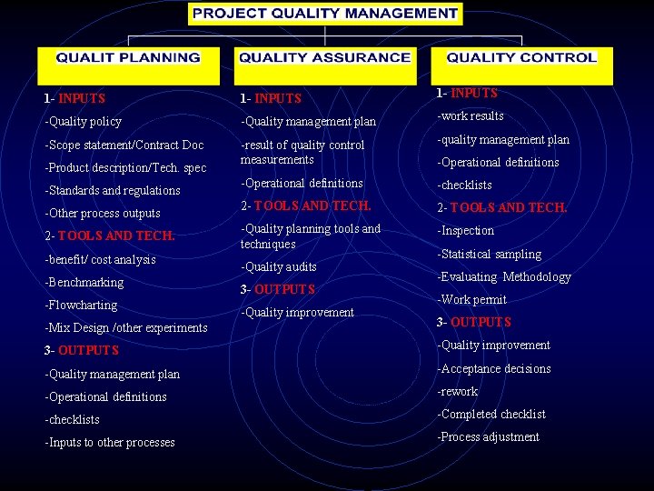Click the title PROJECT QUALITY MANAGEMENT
tap(326, 14)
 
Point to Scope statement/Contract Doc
tap(124, 145)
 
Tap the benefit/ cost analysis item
tap(100, 260)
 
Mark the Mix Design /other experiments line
tap(125, 328)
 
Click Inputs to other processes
tap(109, 443)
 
